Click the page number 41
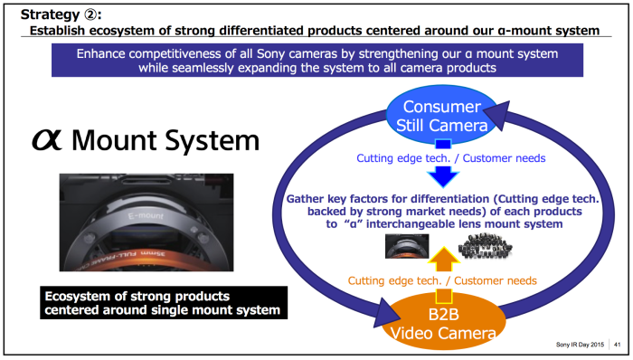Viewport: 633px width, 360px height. tap(618, 345)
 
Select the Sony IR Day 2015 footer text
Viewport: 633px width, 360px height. tap(579, 345)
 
